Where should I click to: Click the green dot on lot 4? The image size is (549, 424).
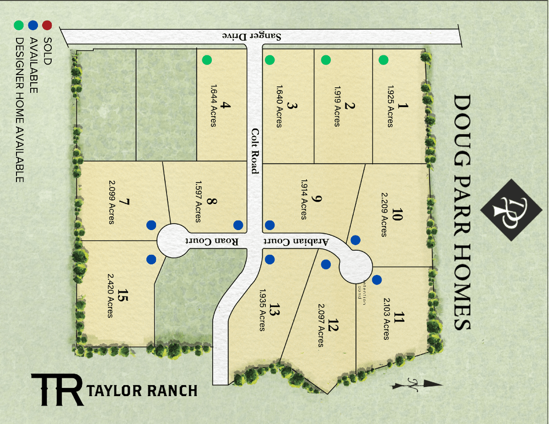[x=207, y=59]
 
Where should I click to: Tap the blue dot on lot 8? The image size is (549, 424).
[x=238, y=225]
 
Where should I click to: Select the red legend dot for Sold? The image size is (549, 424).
[x=47, y=25]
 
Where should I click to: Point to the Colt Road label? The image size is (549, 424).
[x=255, y=150]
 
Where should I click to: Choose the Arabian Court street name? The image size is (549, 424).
[x=296, y=241]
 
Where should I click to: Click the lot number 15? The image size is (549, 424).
[x=121, y=295]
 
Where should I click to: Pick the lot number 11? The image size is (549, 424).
[x=399, y=317]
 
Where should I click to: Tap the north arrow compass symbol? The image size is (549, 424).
[x=417, y=384]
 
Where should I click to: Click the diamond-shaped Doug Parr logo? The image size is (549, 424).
[x=510, y=209]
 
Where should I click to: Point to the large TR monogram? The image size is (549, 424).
[x=57, y=390]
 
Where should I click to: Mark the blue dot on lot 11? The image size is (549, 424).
[x=377, y=279]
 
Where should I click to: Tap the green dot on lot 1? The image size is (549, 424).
[x=383, y=59]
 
